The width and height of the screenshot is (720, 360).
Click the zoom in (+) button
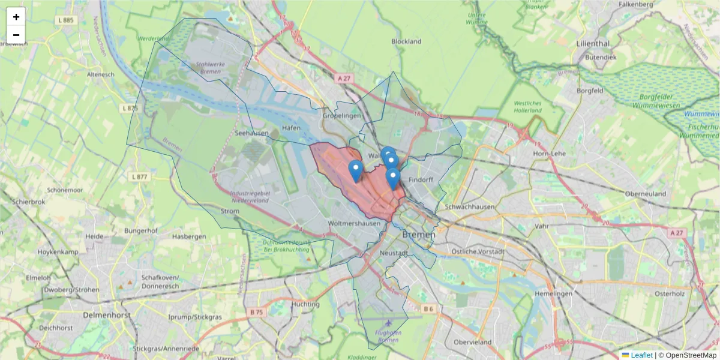click(16, 17)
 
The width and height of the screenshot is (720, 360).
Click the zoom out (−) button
click(16, 35)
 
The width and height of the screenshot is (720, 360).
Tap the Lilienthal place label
click(592, 44)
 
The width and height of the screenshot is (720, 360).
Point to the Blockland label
click(406, 41)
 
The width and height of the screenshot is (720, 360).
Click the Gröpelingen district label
click(341, 115)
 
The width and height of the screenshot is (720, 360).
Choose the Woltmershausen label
click(355, 223)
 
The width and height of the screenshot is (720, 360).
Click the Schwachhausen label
click(470, 206)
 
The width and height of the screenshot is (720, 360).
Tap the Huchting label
click(305, 304)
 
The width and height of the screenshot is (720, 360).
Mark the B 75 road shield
click(256, 312)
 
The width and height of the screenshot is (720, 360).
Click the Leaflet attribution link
click(641, 355)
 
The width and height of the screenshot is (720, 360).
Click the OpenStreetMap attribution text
click(691, 355)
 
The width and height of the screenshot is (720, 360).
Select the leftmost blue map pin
click(356, 170)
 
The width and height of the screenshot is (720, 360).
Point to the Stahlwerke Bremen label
click(209, 68)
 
